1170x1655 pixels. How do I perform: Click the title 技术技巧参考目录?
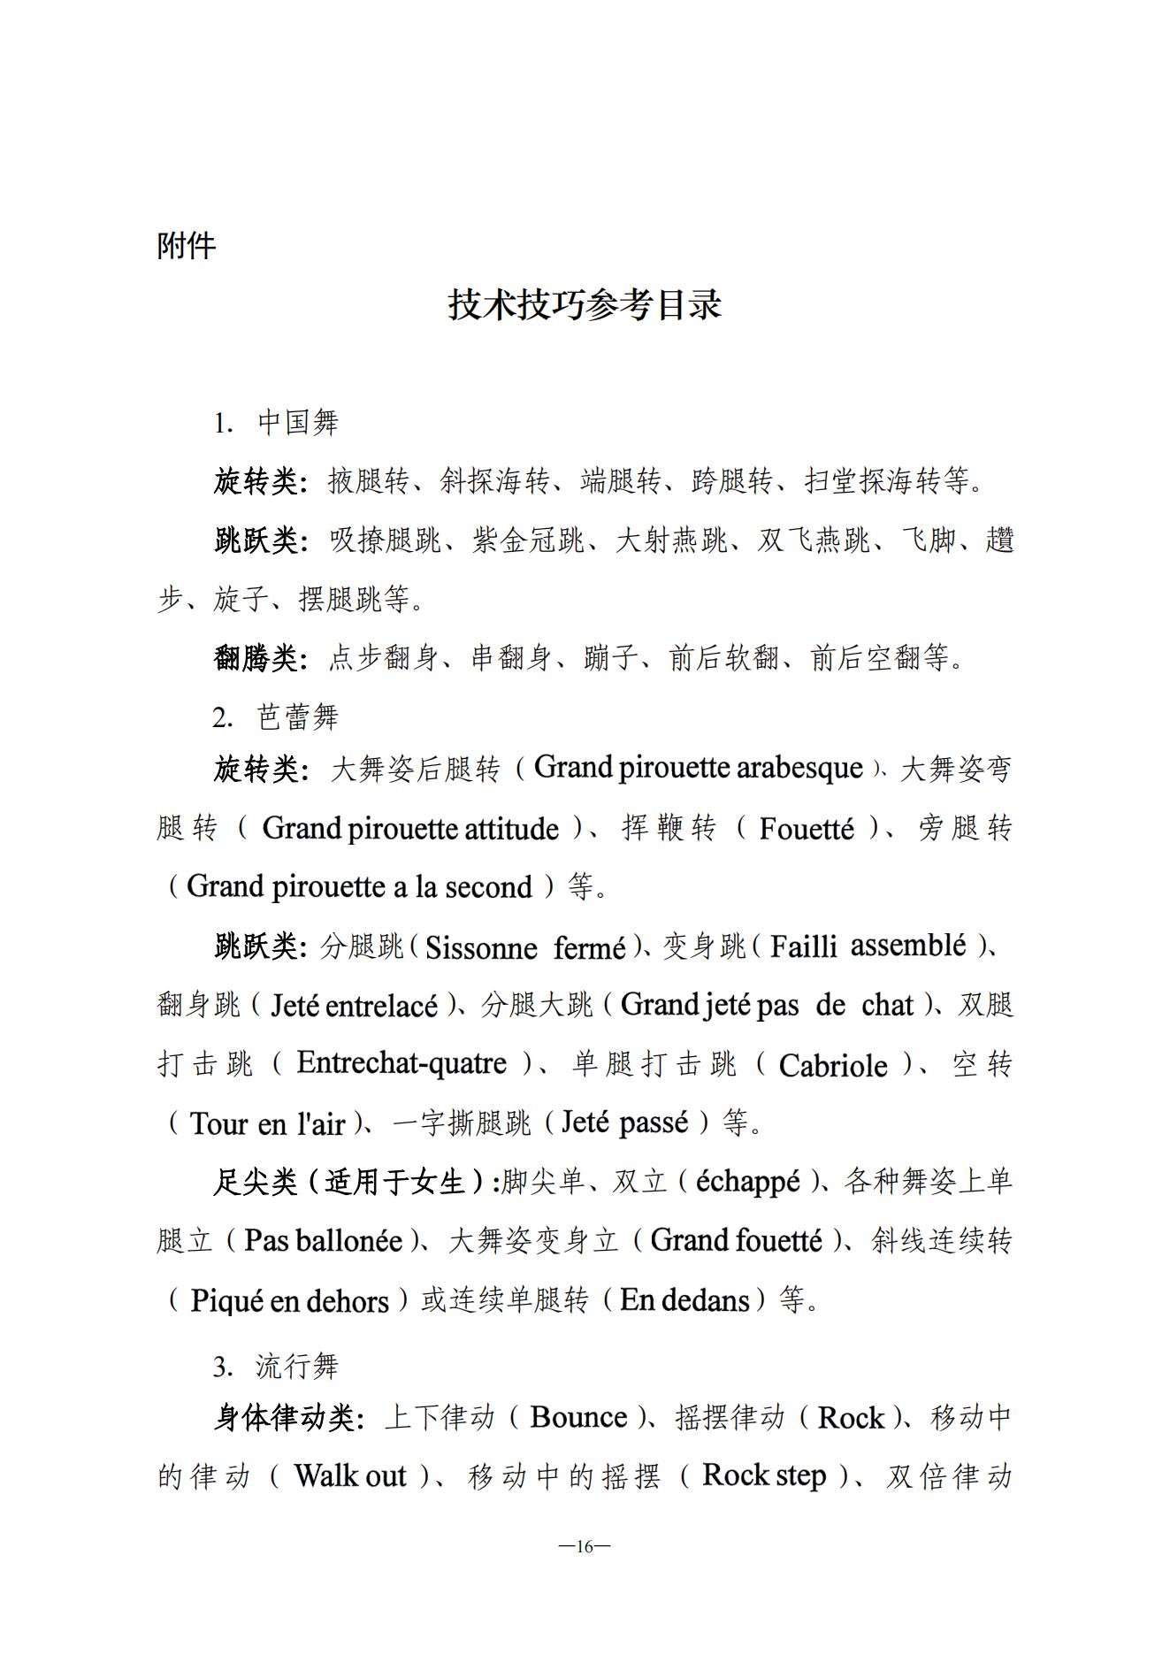pos(585,304)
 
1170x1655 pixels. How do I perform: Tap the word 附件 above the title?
pos(186,245)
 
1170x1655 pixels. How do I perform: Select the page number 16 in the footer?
pos(585,1546)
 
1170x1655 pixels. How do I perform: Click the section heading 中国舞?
pos(297,422)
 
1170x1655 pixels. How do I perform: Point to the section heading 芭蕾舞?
pos(297,716)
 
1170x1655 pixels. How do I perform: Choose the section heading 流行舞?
pos(297,1366)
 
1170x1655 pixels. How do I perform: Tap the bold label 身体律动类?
pos(287,1418)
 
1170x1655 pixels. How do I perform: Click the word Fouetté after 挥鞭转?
pos(807,829)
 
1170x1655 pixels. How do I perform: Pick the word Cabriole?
pos(832,1065)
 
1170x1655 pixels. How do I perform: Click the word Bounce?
pos(578,1417)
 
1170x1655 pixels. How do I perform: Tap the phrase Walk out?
pos(349,1475)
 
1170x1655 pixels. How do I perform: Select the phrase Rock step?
pos(764,1475)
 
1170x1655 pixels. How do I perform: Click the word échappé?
pos(747,1182)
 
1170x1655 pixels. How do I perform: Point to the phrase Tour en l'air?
pos(267,1123)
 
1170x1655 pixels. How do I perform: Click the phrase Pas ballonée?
pos(323,1241)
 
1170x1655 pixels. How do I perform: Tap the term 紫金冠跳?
pos(528,540)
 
